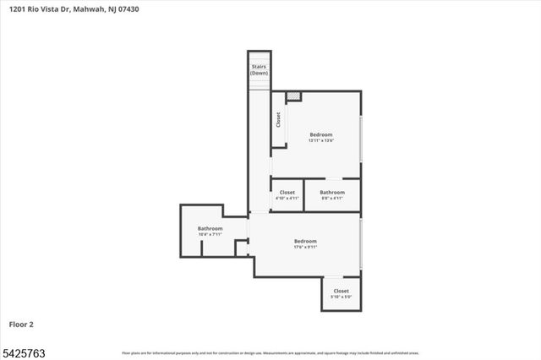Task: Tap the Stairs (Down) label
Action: pyautogui.click(x=259, y=69)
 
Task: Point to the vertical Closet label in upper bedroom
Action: pyautogui.click(x=278, y=120)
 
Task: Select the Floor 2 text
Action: pyautogui.click(x=21, y=324)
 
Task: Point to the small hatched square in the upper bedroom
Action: pyautogui.click(x=293, y=96)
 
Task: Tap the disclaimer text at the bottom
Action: pyautogui.click(x=270, y=352)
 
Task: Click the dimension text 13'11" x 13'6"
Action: pyautogui.click(x=320, y=141)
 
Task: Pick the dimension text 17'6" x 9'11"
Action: pyautogui.click(x=304, y=247)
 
